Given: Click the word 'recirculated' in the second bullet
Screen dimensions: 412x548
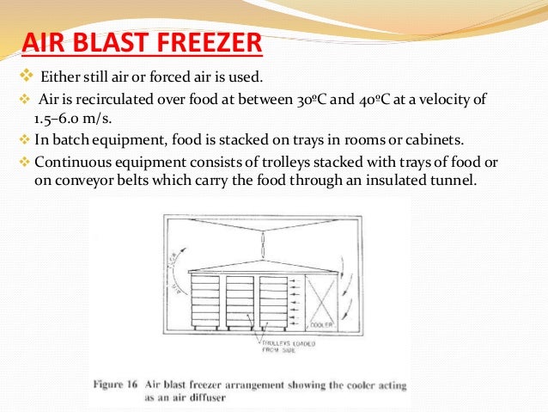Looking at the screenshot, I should pyautogui.click(x=109, y=100).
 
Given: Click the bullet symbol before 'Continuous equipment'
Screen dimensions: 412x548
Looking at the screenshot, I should pyautogui.click(x=23, y=159).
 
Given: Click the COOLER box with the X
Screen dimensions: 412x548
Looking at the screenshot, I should pyautogui.click(x=320, y=301).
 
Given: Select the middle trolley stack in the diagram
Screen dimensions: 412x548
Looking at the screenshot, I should pyautogui.click(x=240, y=302).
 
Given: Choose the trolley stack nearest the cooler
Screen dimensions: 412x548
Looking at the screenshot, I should pyautogui.click(x=275, y=302).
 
